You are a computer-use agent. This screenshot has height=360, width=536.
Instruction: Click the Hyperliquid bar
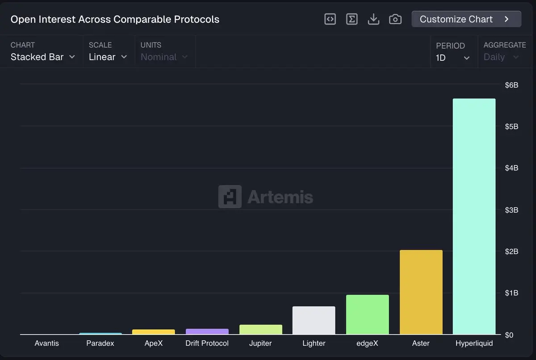coord(474,217)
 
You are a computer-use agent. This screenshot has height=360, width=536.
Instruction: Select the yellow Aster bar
coord(421,292)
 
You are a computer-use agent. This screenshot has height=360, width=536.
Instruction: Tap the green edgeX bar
coord(367,314)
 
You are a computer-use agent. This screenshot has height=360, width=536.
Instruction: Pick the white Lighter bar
coord(314,320)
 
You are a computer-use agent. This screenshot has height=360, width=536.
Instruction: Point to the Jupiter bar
coord(260,330)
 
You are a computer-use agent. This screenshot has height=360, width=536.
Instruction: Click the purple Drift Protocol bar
coord(207,332)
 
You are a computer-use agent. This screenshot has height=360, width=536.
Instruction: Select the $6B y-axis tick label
coord(511,85)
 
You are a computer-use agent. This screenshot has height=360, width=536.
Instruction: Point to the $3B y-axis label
coord(511,210)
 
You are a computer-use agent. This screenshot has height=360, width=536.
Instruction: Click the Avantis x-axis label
coord(46,343)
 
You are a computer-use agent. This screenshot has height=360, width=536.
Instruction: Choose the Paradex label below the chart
coord(100,343)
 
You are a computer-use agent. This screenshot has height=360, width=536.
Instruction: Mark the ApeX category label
coord(154,343)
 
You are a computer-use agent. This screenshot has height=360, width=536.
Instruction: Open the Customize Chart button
coord(466,19)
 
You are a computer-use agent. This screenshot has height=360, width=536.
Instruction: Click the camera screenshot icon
coord(395,19)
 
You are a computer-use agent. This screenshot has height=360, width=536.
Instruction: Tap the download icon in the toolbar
coord(373,19)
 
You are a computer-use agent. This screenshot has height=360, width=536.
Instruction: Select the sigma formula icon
coord(352,19)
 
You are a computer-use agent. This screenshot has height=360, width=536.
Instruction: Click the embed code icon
coord(330,19)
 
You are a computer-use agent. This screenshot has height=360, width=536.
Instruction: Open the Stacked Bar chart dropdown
coord(43,57)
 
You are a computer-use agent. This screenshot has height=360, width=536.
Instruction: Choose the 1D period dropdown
coord(453,58)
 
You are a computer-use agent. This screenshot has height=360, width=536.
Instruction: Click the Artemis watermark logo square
coord(230,197)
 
